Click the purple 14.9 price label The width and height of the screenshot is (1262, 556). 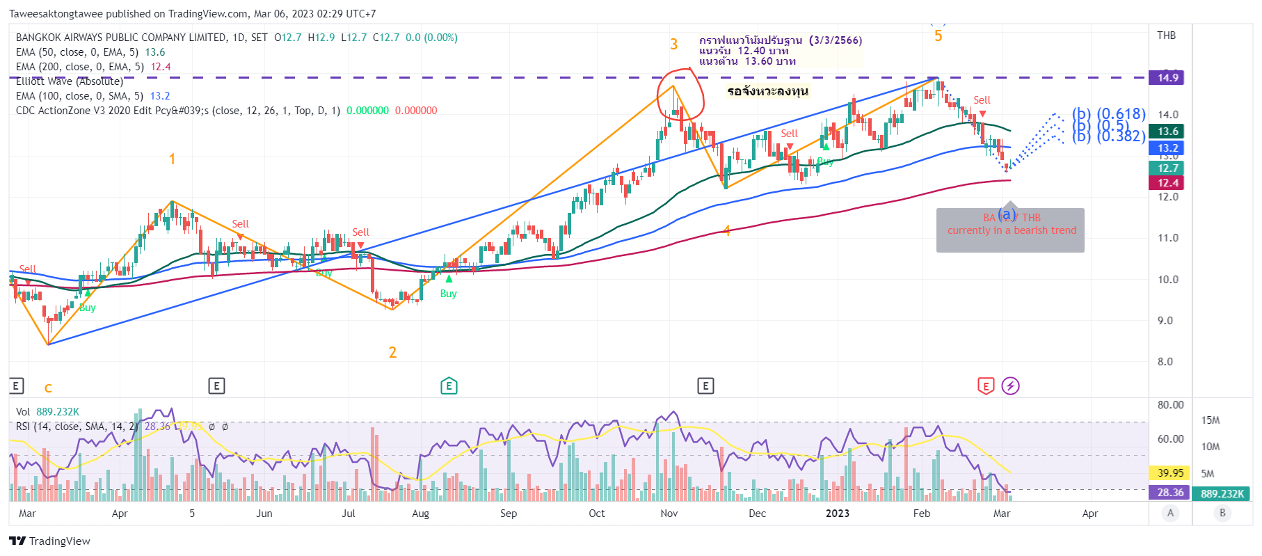pos(1167,78)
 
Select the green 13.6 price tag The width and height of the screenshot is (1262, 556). pos(1167,132)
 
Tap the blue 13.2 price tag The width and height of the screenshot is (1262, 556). pos(1167,148)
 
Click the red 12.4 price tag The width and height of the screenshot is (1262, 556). pos(1167,183)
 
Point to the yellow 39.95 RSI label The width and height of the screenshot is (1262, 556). pos(1169,473)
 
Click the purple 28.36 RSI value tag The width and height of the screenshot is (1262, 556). pos(1169,493)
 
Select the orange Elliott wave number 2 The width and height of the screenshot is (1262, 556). pos(392,353)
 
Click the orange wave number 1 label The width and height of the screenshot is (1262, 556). pos(172,159)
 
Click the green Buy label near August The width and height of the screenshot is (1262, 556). pos(448,294)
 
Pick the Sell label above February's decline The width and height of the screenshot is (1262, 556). pos(982,100)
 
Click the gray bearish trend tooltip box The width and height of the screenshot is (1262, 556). pos(1010,230)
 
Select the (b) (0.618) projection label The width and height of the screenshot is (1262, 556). pos(1108,113)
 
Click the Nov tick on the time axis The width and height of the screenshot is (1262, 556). pos(669,514)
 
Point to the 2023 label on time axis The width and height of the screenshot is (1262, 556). pos(837,514)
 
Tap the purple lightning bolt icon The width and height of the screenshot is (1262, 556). pos(1010,386)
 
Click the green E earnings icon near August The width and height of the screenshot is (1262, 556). pos(449,386)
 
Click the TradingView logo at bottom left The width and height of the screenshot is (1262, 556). pos(49,541)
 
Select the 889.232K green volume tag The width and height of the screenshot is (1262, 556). pos(1222,493)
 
